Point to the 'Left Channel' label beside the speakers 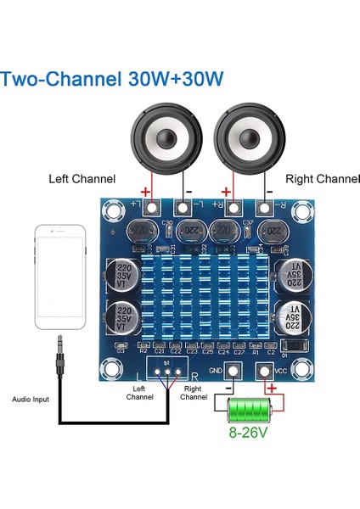click(x=83, y=179)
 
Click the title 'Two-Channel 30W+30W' click(x=112, y=79)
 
